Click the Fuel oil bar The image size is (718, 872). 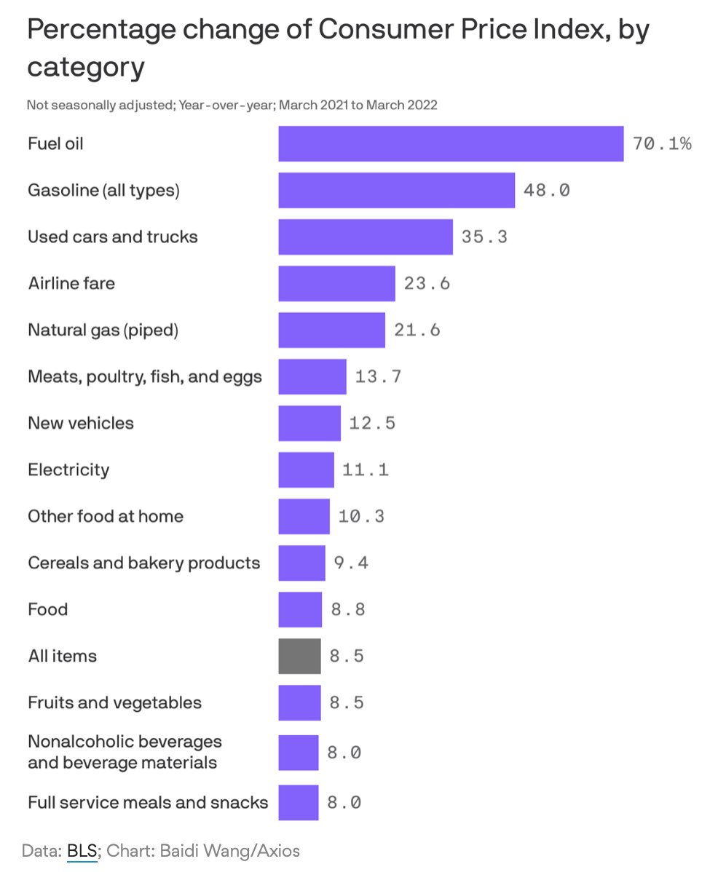coord(450,144)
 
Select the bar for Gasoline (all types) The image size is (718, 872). coord(396,191)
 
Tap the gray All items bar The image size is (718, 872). coord(299,656)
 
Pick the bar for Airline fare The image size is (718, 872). coord(336,284)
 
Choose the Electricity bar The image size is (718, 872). coord(306,469)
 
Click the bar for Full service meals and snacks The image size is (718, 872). coord(298,802)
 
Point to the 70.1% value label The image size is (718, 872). coord(661,144)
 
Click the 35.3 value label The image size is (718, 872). coord(484,237)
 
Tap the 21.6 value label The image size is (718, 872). coord(417,330)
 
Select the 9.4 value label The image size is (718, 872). coord(351,563)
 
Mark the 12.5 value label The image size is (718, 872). coord(372,424)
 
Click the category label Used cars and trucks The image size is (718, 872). coord(112,237)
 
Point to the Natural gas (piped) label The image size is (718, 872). coord(103,330)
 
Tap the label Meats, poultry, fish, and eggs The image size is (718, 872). coord(144,377)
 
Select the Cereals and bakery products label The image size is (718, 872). coord(143,563)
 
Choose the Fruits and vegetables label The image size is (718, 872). coord(114,702)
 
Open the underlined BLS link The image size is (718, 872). coord(82,850)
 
